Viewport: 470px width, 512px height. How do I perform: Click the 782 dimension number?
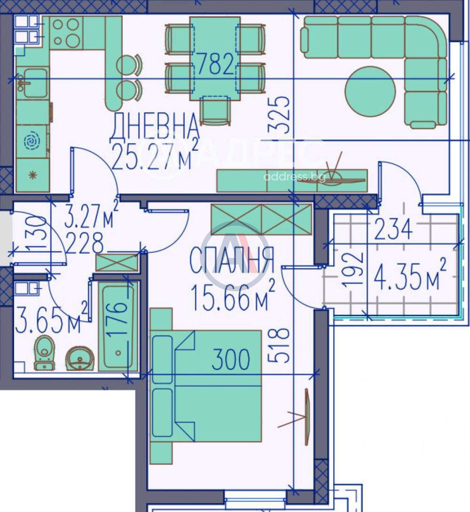tap(216, 64)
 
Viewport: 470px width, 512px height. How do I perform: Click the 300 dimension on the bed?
tap(231, 359)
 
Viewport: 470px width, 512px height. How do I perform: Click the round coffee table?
tap(370, 92)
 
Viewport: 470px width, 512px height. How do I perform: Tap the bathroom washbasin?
tap(80, 358)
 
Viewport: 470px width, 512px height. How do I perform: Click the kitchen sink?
tap(32, 83)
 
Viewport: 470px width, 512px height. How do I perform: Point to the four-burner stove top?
tap(66, 33)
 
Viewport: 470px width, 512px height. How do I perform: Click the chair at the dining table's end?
tap(215, 111)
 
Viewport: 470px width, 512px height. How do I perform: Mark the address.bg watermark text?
tap(294, 177)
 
